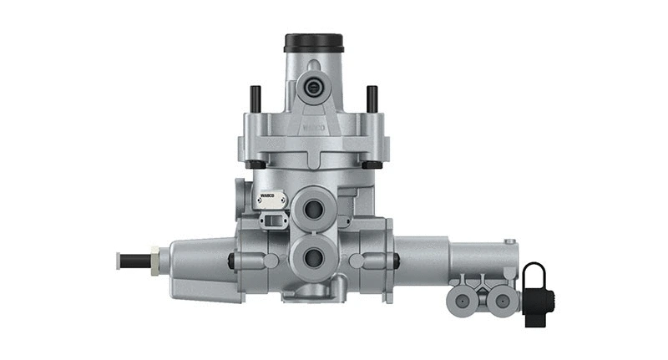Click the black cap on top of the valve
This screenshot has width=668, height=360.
pos(314,42)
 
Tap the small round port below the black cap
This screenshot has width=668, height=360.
pos(314,86)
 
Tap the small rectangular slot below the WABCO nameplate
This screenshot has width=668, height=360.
pos(273,221)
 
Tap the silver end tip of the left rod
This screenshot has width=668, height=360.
pos(119,260)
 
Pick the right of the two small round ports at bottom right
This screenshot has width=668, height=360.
pos(500,298)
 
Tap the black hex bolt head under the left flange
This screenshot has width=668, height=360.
pos(256,165)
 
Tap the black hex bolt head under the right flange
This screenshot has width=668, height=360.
pos(372,165)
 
